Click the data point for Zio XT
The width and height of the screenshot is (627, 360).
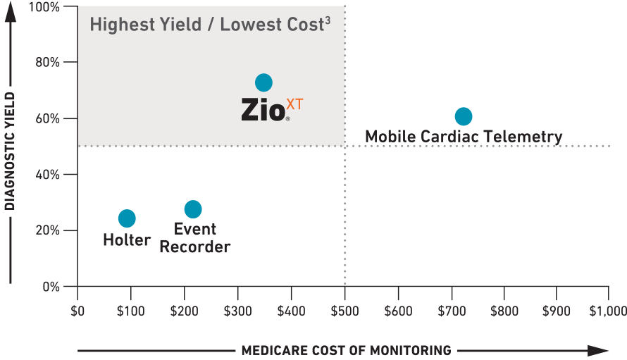click(263, 82)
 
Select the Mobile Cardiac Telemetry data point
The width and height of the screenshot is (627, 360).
click(463, 116)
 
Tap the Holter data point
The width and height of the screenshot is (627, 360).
click(127, 218)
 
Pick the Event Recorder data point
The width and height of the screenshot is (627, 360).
click(193, 209)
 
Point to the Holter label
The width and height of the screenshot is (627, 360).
click(127, 240)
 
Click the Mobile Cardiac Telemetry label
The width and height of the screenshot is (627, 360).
click(464, 136)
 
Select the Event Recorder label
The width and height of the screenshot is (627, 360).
click(195, 238)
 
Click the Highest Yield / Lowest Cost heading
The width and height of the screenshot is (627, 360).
click(206, 25)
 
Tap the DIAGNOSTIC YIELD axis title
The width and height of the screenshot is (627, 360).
click(10, 150)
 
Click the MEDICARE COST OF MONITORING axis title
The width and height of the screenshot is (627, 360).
click(346, 350)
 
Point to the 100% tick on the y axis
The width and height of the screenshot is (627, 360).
click(45, 7)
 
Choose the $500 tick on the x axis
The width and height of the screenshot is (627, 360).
click(344, 311)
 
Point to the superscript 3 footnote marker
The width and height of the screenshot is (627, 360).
click(326, 19)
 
